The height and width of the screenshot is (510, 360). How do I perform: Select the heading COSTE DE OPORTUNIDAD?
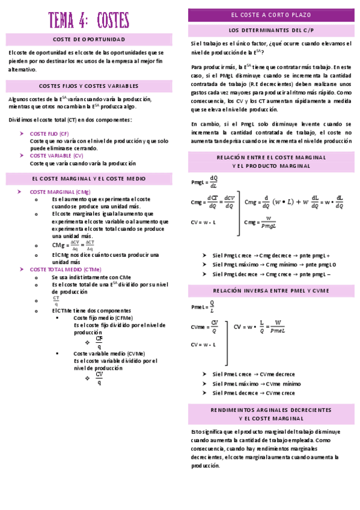[x=89, y=40]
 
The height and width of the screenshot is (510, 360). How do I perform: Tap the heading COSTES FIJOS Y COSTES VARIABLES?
[x=89, y=86]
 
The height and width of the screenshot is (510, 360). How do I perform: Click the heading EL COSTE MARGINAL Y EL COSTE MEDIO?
[x=89, y=179]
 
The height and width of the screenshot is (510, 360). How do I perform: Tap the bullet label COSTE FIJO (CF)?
[x=49, y=134]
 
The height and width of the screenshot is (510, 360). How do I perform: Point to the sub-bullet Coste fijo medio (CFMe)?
[x=103, y=318]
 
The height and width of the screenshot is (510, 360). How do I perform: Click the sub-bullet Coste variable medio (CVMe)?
[x=109, y=354]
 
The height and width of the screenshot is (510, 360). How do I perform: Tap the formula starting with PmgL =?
[x=205, y=182]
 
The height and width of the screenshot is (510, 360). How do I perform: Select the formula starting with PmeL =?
[x=203, y=307]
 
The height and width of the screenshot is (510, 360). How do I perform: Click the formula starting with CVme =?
[x=205, y=327]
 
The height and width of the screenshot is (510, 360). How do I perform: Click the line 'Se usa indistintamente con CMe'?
[x=91, y=277]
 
